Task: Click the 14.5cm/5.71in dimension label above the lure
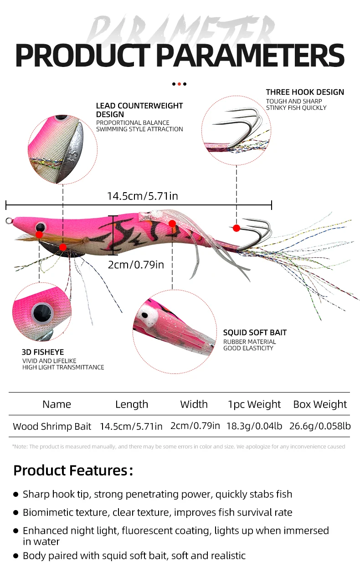[x=143, y=196]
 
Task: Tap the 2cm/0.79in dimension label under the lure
[x=136, y=265]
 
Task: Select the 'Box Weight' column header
[x=320, y=404]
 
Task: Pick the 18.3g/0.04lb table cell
[x=254, y=426]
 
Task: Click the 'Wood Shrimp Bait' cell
[x=52, y=426]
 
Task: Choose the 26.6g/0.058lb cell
[x=320, y=426]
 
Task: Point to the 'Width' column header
[x=194, y=404]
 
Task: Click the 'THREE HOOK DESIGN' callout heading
[x=305, y=92]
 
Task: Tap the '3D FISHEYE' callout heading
[x=43, y=352]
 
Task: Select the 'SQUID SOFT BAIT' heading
[x=255, y=332]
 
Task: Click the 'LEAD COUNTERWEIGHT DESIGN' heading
[x=139, y=110]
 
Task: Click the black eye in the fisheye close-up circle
[x=42, y=313]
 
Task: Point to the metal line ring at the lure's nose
[x=8, y=221]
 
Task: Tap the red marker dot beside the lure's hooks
[x=236, y=228]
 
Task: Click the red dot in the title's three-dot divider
[x=180, y=84]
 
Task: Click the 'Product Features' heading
[x=73, y=470]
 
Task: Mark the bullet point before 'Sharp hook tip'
[x=16, y=495]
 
